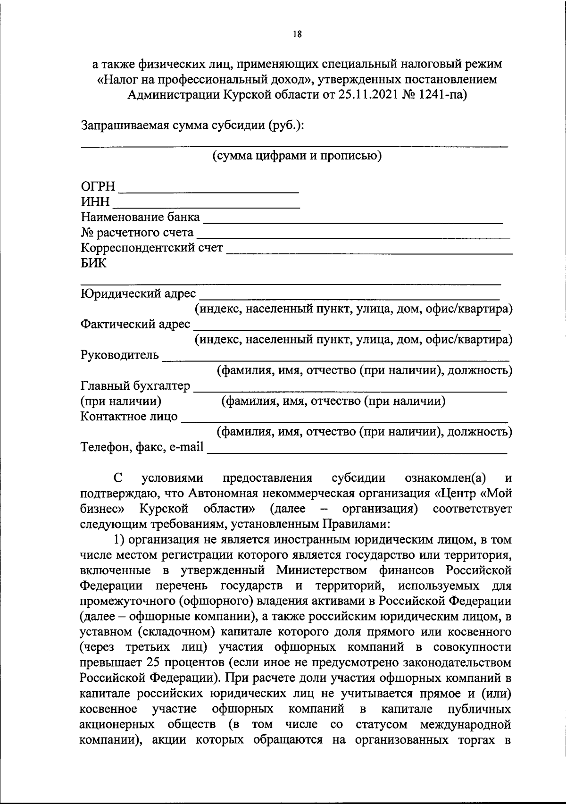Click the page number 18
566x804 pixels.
297,34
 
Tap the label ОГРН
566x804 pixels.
98,187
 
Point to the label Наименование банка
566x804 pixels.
141,218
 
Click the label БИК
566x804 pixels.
93,263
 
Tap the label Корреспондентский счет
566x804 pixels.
152,248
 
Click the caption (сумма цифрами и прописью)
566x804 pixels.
297,156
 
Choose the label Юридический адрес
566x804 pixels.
138,293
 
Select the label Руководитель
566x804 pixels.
120,355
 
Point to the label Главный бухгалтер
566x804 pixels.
135,386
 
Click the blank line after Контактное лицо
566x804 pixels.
344,421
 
